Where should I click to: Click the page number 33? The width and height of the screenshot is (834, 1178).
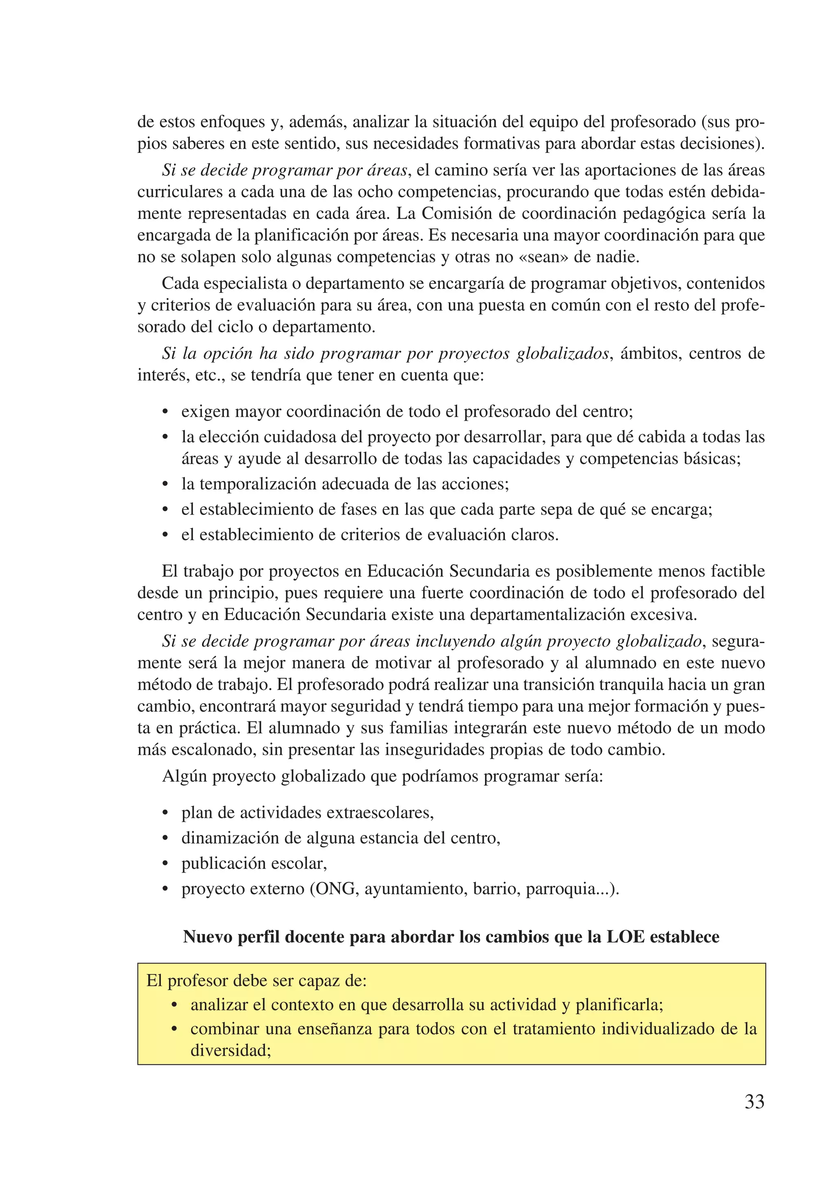[x=754, y=1101]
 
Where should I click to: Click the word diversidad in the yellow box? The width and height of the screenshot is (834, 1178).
[x=230, y=1050]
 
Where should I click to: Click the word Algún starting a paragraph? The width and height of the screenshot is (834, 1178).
[x=184, y=776]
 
